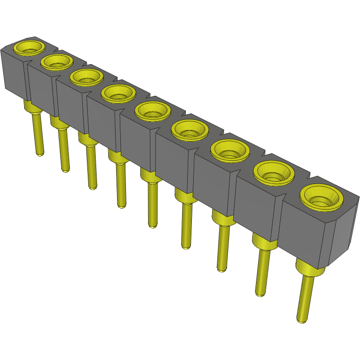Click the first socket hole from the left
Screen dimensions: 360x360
coord(29,47)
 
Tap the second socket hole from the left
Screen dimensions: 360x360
coord(57,61)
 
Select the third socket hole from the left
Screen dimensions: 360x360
coord(86,77)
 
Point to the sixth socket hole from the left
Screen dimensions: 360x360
coord(189,131)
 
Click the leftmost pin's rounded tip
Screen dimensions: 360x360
coord(40,153)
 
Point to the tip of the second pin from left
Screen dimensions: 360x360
coord(65,170)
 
